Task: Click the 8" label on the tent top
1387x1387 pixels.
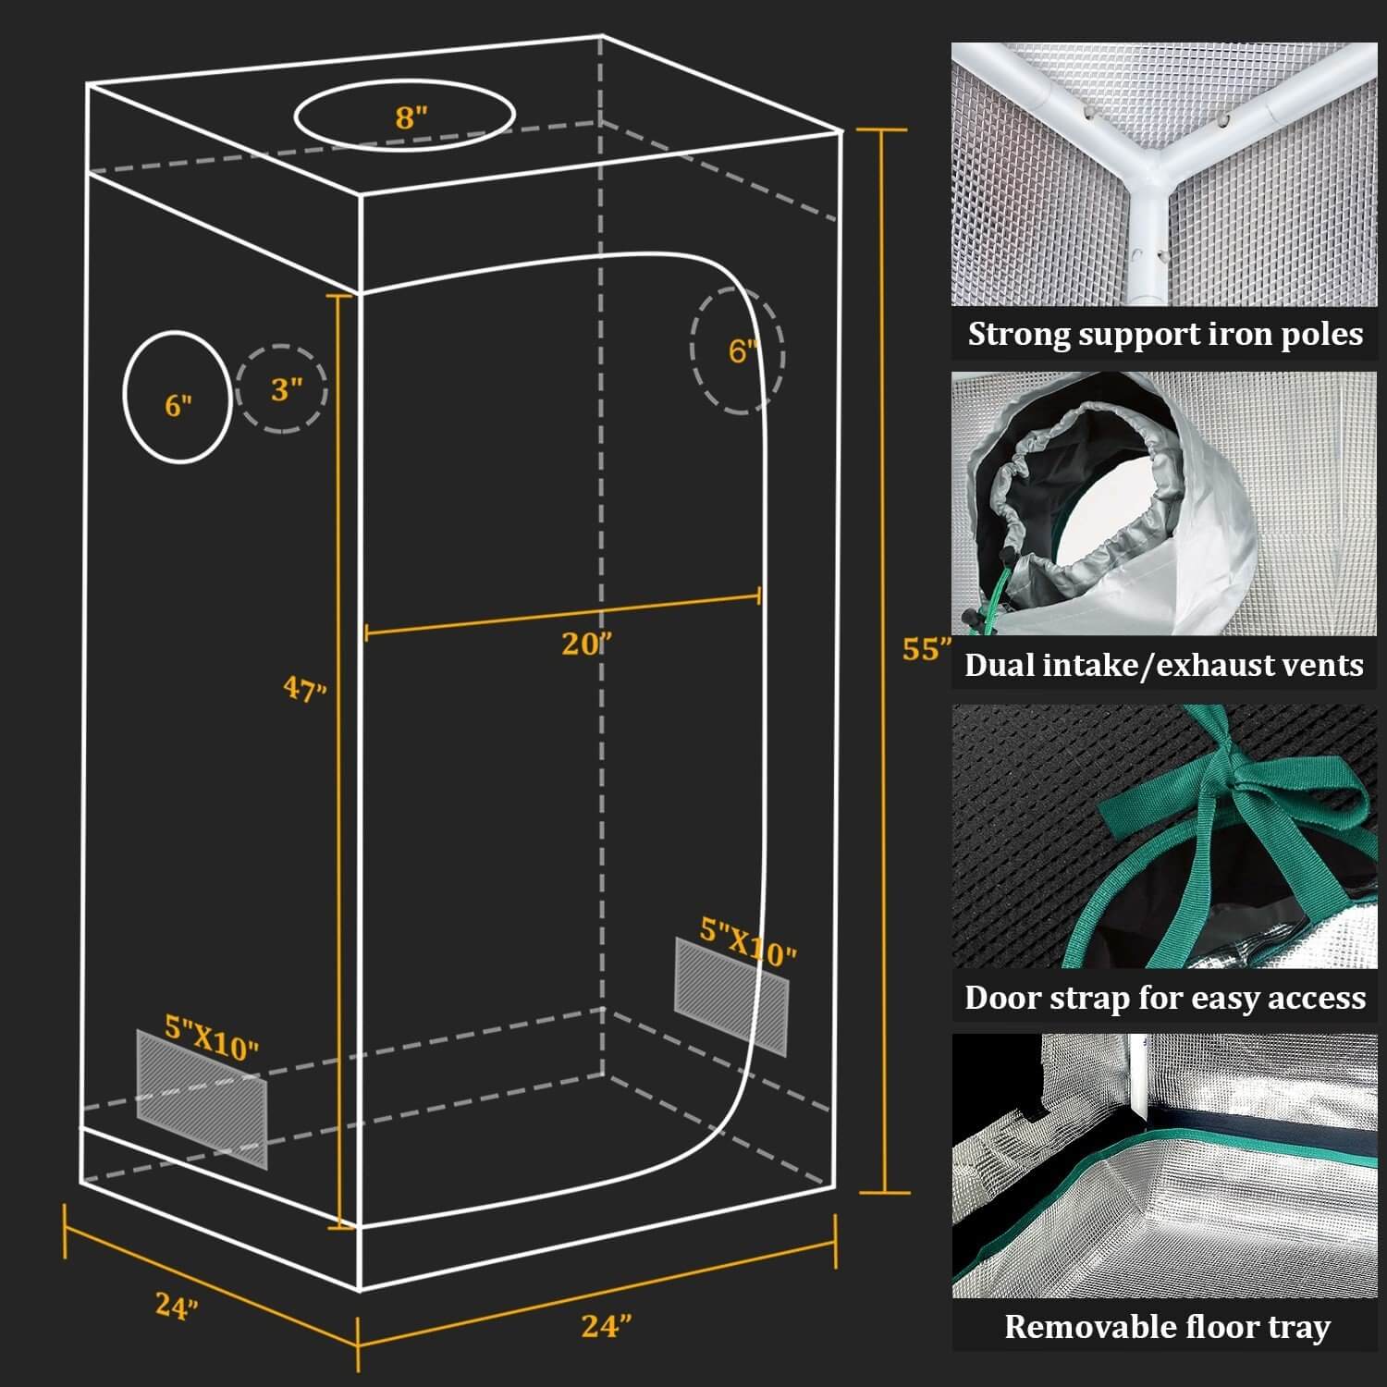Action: click(411, 117)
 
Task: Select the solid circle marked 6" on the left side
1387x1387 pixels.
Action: click(177, 397)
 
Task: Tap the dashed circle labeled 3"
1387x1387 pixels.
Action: click(283, 389)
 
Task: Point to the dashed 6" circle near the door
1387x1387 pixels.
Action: click(737, 350)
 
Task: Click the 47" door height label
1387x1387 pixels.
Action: click(305, 689)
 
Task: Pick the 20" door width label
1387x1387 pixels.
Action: click(586, 644)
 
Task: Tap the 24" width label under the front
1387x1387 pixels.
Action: click(607, 1326)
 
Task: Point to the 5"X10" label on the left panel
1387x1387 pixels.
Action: click(212, 1037)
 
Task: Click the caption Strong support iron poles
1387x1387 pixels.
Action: click(1165, 334)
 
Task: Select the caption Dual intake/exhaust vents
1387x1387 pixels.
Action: click(1163, 665)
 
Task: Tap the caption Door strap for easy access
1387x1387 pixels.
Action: click(1164, 998)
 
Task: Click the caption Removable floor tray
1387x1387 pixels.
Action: click(1167, 1327)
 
